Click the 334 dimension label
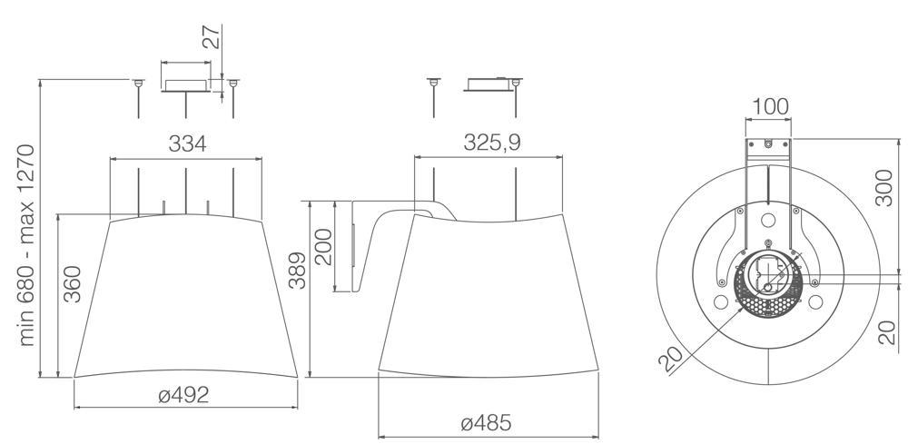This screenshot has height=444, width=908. coord(187,143)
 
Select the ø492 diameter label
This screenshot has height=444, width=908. coord(183,395)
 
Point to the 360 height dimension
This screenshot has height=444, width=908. coord(72,284)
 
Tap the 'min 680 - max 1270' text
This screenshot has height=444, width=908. coord(26,245)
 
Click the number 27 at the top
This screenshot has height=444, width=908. coord(212,37)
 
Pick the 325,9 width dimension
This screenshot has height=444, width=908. coord(491,143)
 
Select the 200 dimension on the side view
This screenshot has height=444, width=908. coord(323,247)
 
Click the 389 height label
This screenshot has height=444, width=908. coord(297,271)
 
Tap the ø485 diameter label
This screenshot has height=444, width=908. coord(486,423)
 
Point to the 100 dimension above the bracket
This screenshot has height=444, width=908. coord(770,106)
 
